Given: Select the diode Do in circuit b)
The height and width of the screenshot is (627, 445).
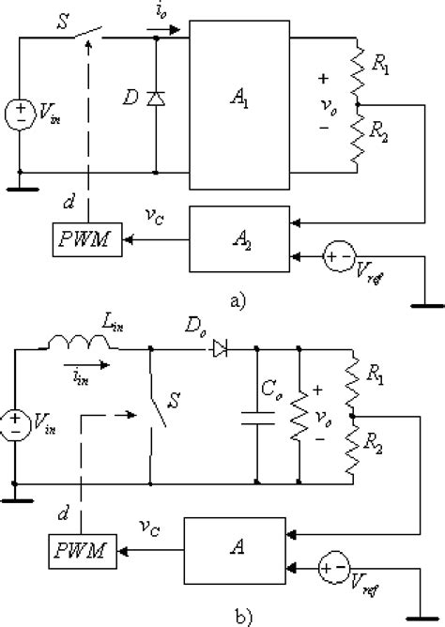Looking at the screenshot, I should click(x=220, y=349).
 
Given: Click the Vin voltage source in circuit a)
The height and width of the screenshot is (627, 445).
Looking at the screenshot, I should click(x=18, y=115).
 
